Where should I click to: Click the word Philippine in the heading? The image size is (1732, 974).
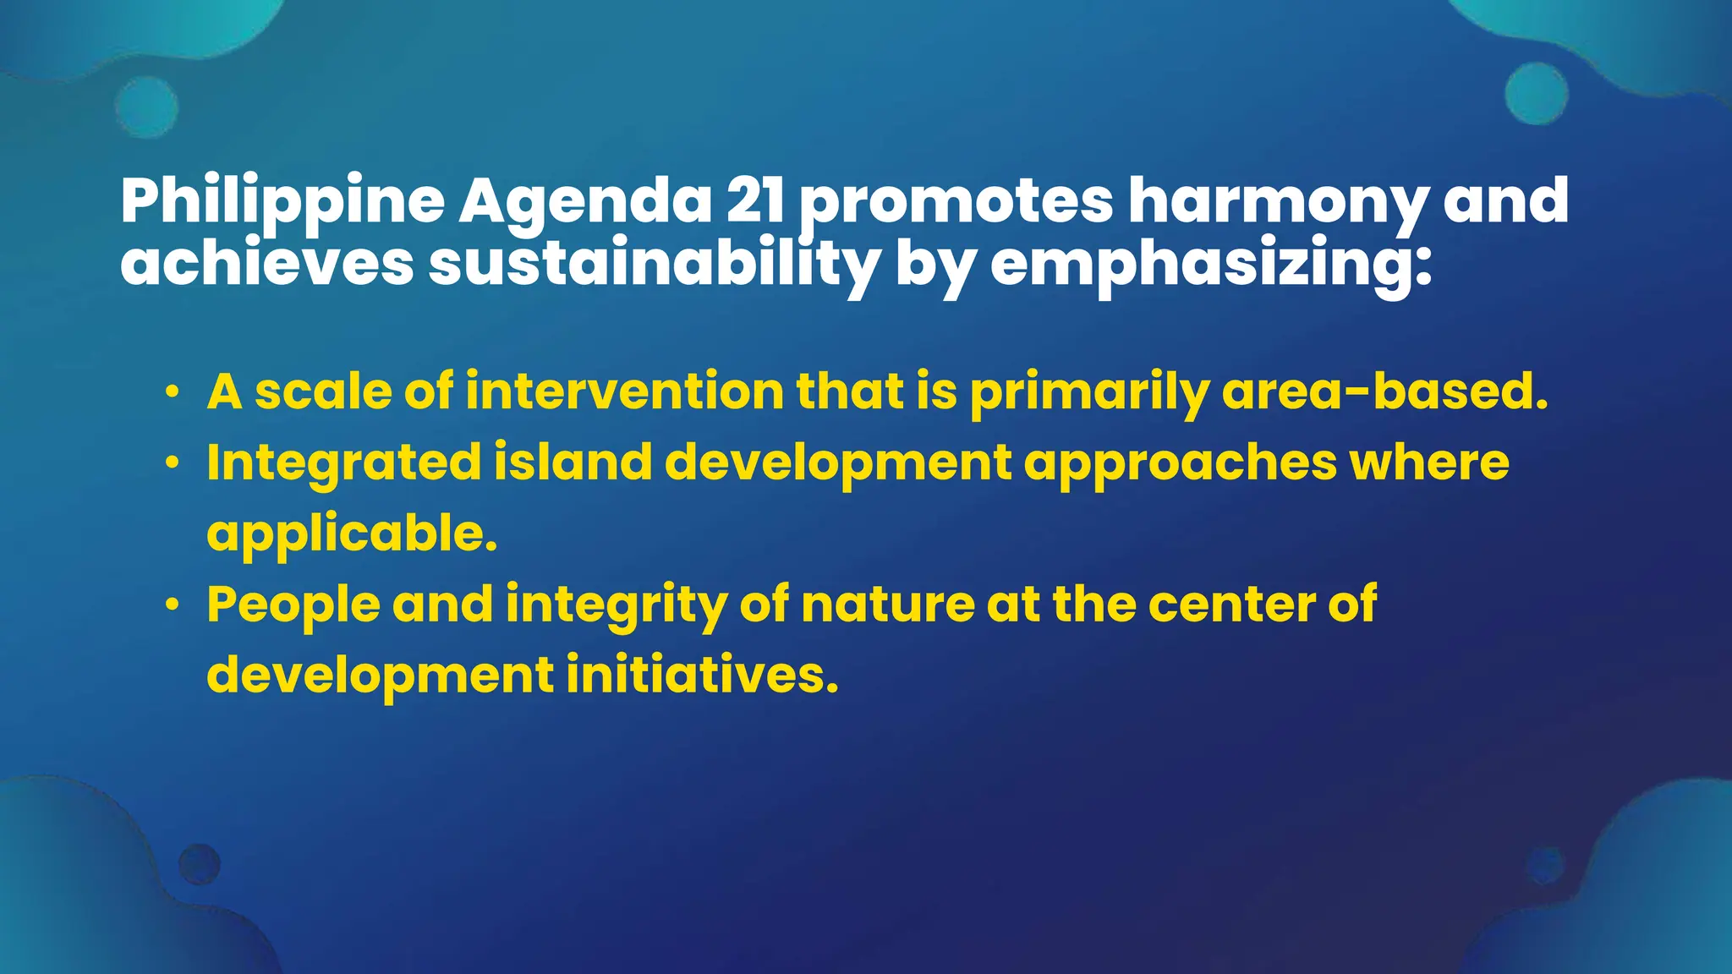point(282,203)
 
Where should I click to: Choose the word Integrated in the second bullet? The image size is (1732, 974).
point(344,464)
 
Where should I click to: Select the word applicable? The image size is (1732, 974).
point(352,534)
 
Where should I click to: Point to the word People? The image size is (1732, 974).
point(293,605)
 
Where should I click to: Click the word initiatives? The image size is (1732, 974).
point(702,676)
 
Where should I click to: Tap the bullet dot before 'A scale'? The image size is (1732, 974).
point(173,393)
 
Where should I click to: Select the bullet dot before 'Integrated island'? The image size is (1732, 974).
point(173,463)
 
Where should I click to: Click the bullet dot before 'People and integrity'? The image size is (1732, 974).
point(173,605)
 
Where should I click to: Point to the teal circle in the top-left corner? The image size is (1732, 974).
point(146,107)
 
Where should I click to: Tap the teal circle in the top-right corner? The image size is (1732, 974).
point(1536,93)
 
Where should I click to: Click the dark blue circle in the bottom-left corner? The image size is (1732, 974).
point(200,864)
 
